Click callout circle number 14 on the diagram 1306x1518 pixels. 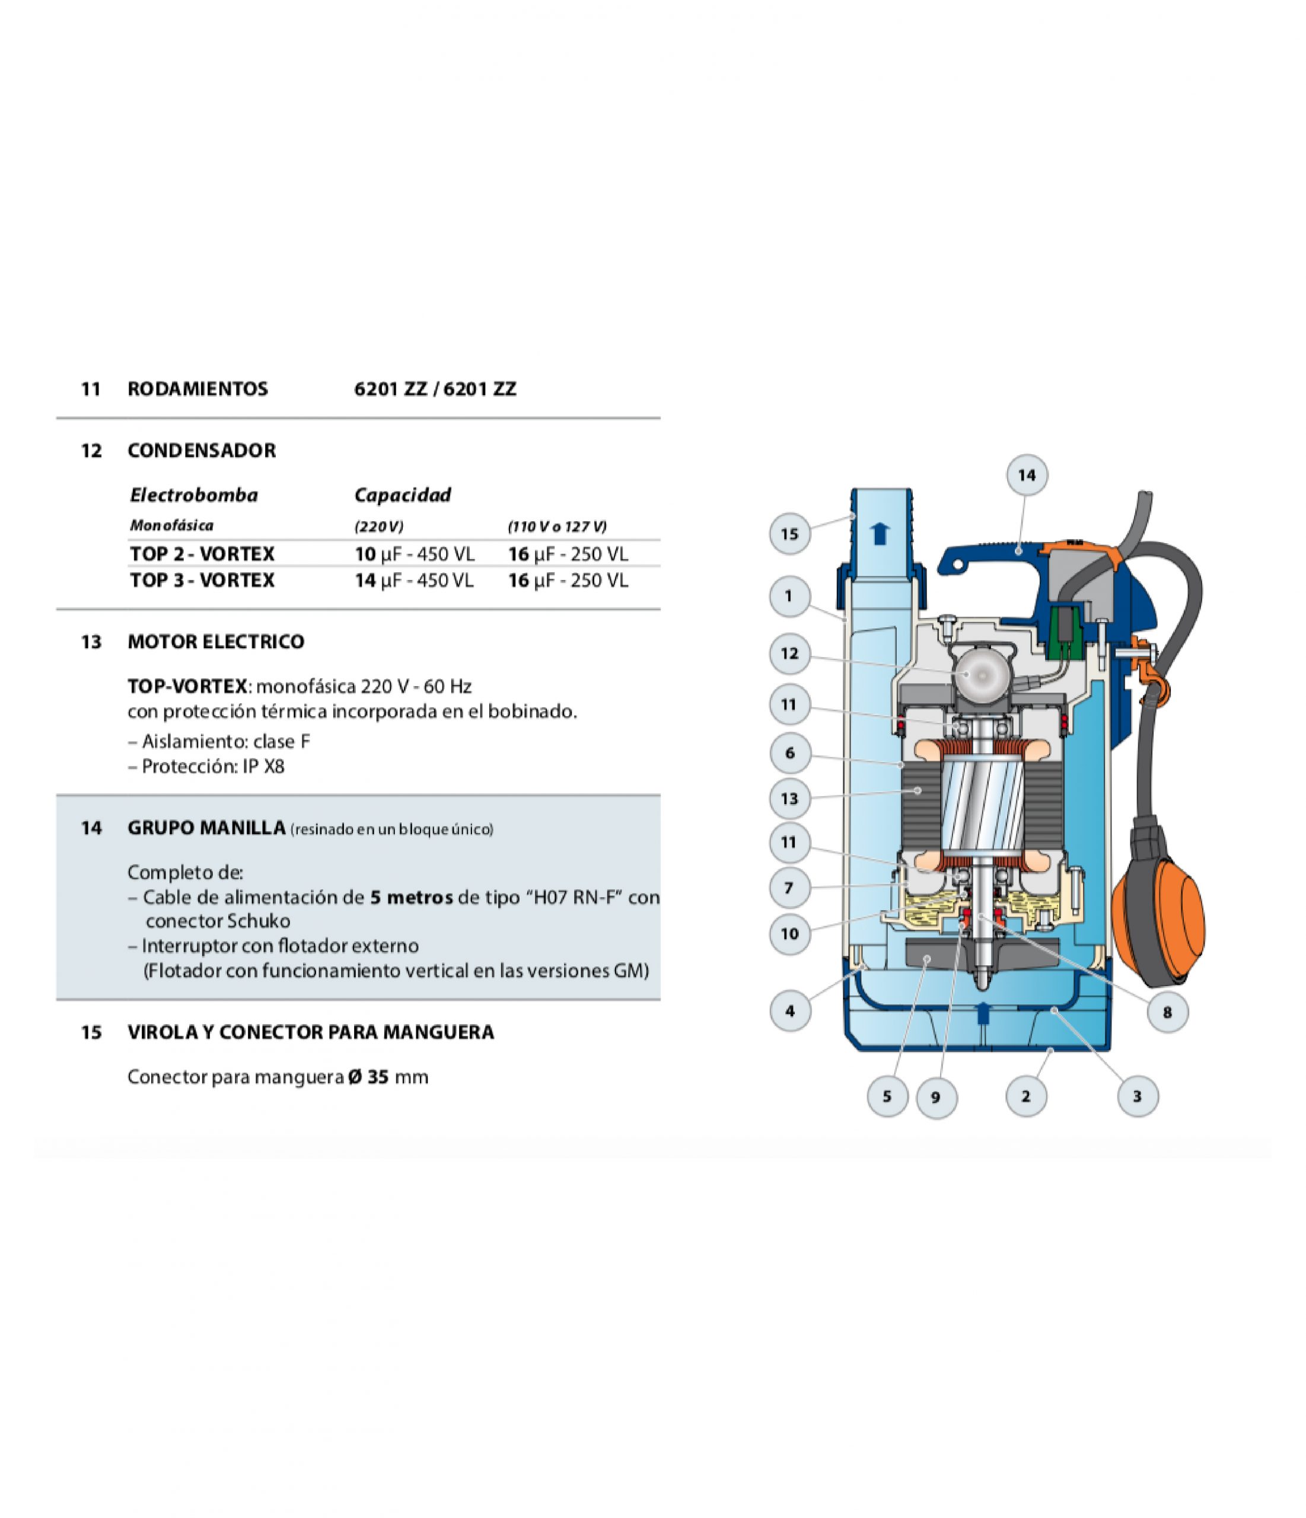1027,475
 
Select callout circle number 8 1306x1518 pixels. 1167,1012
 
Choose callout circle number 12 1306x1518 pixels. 789,653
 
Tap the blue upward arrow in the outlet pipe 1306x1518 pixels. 880,534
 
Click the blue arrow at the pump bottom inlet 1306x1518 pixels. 982,1012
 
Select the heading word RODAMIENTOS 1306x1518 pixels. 198,388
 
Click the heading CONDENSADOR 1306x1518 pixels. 202,450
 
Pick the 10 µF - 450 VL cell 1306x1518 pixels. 415,554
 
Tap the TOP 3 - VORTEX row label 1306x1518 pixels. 202,581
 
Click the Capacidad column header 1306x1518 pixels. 402,495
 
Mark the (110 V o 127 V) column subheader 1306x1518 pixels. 557,526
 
